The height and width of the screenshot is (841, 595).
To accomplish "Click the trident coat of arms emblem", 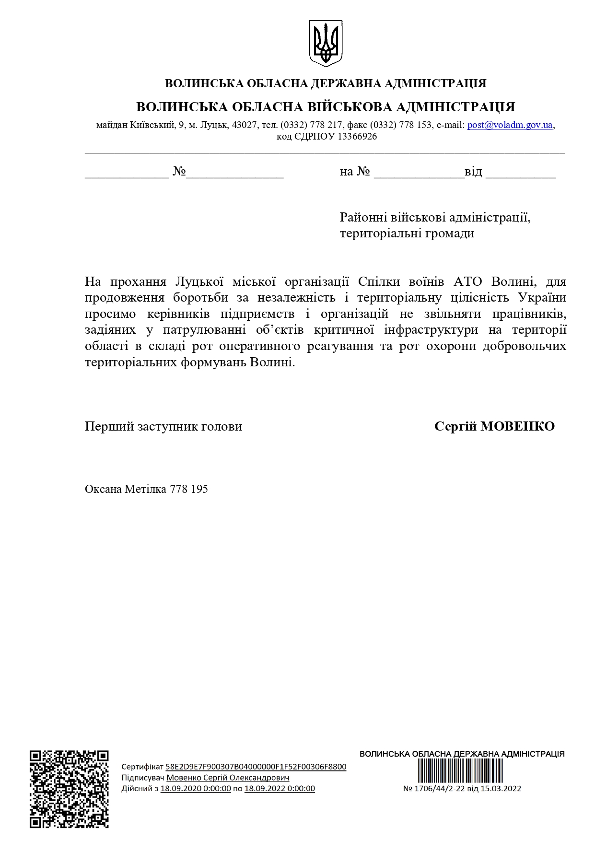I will click(x=326, y=43).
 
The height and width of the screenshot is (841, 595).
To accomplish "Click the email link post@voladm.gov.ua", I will click(x=510, y=125).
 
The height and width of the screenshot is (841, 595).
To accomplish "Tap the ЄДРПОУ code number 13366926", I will click(x=357, y=137).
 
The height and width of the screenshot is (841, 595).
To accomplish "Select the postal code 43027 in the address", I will click(x=245, y=125).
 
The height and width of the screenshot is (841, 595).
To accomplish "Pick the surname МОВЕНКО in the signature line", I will click(x=517, y=426).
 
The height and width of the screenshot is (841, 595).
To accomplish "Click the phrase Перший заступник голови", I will click(x=163, y=427).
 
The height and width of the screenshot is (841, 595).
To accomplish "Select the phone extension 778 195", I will click(x=189, y=490).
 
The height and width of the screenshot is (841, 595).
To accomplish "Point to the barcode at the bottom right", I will click(x=460, y=771).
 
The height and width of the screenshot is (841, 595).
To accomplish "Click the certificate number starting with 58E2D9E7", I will click(x=256, y=767).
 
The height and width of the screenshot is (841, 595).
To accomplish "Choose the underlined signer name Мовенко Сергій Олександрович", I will click(x=228, y=778).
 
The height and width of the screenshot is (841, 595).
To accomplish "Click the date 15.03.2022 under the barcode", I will click(x=501, y=789).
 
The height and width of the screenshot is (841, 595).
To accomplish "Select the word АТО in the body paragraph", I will click(x=467, y=281).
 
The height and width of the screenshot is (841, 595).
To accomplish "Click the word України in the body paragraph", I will click(x=542, y=298).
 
